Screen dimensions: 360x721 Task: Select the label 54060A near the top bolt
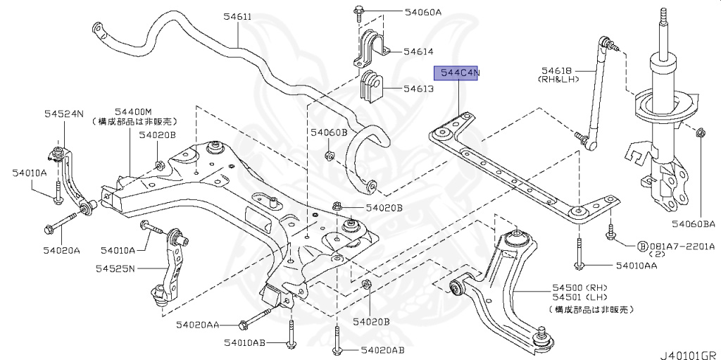tap(422, 11)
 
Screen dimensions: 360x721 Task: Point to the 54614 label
tap(418, 51)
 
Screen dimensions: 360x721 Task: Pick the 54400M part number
tap(134, 111)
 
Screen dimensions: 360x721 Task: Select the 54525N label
tap(116, 268)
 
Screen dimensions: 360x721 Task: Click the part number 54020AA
tap(198, 325)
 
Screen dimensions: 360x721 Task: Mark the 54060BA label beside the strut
tap(693, 224)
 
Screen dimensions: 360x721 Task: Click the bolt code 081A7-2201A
tap(682, 247)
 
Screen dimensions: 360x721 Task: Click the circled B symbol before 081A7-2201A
tap(642, 247)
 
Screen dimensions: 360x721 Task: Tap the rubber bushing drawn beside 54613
tap(370, 86)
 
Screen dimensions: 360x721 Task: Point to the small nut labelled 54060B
tap(329, 156)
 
